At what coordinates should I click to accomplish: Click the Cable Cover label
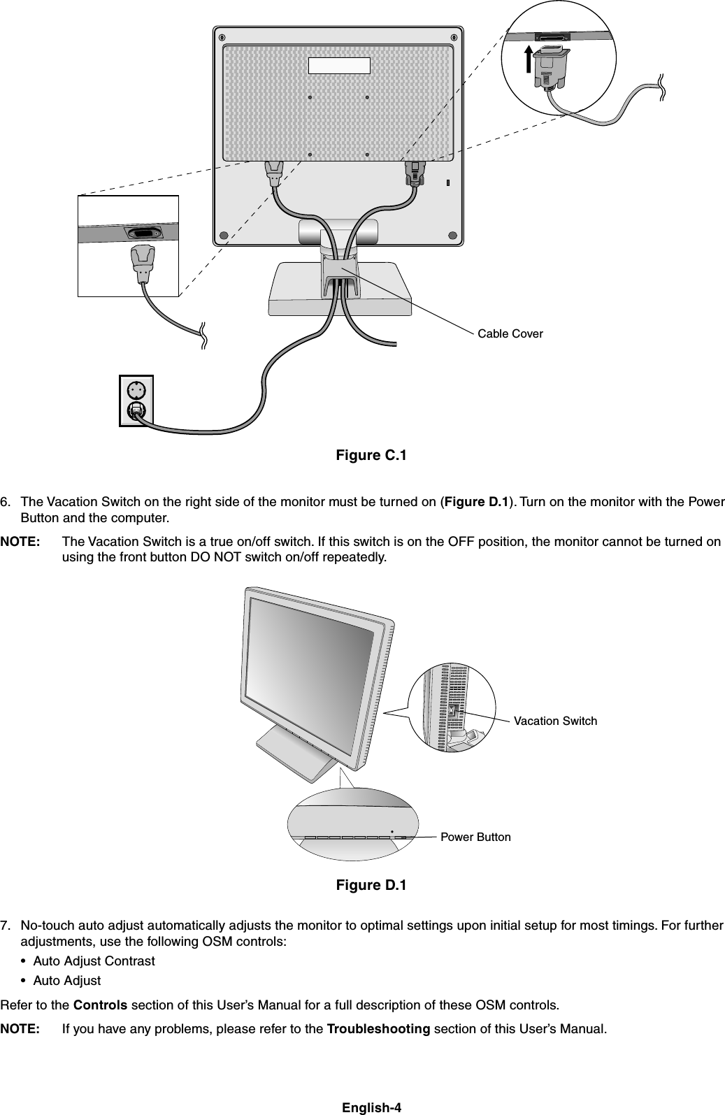510,334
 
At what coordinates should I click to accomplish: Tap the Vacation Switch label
555,721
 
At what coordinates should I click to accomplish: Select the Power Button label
475,837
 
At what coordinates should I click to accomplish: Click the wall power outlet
136,401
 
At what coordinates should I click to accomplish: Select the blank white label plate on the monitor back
339,65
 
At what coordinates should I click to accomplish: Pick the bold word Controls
100,1006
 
